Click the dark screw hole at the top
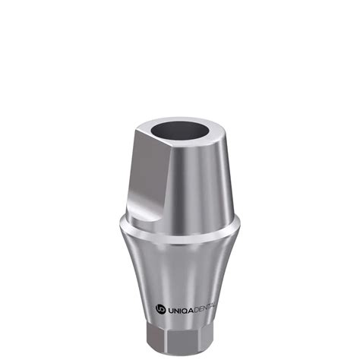pos(181,130)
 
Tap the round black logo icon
pos(160,309)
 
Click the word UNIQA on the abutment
pos(180,309)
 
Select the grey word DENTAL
pos(204,308)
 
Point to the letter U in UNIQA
pos(169,309)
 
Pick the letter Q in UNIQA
pos(185,309)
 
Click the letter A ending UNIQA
pos(191,309)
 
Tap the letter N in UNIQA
pos(176,309)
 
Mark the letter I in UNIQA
pos(181,309)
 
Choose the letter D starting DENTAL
pos(197,309)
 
